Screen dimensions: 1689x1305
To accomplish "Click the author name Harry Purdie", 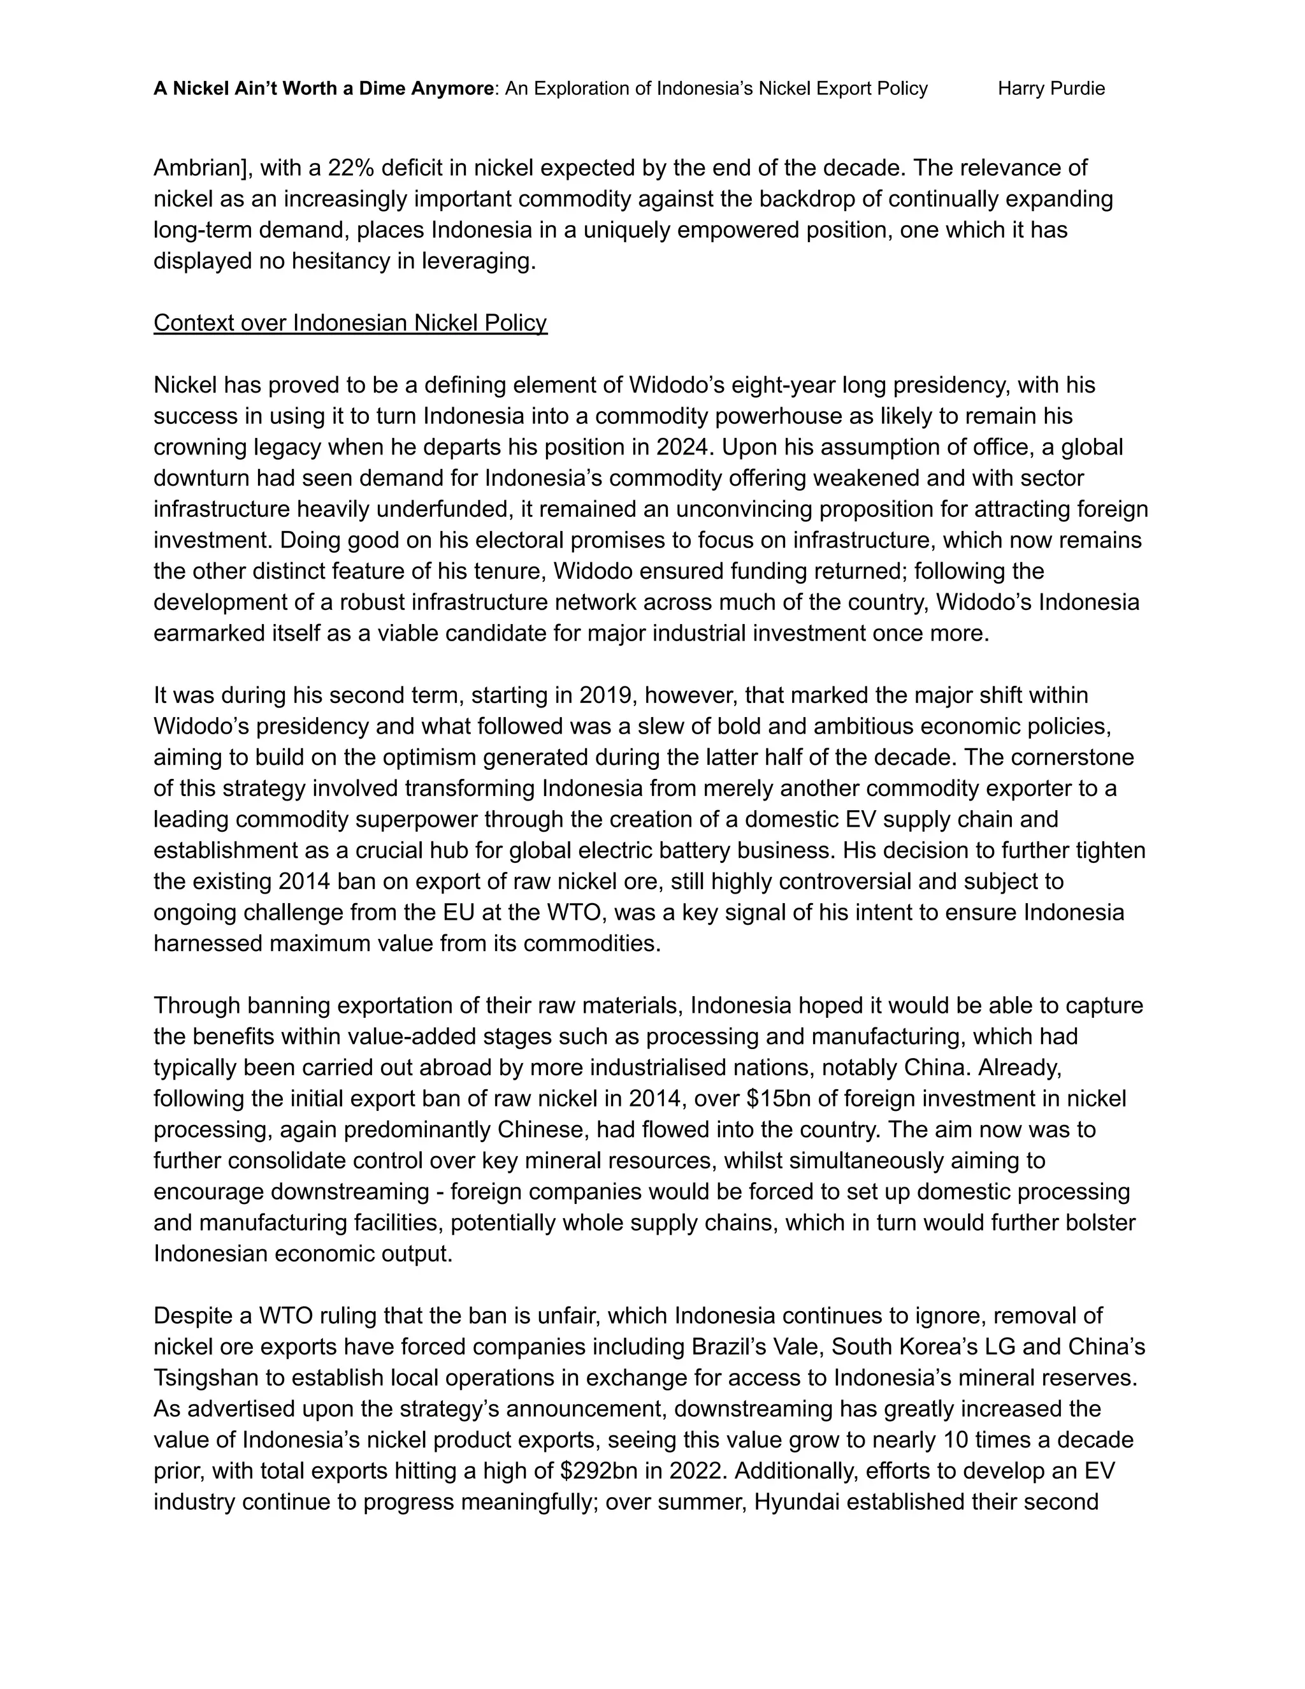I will tap(1051, 89).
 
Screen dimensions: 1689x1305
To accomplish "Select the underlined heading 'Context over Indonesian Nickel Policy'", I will tap(350, 323).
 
